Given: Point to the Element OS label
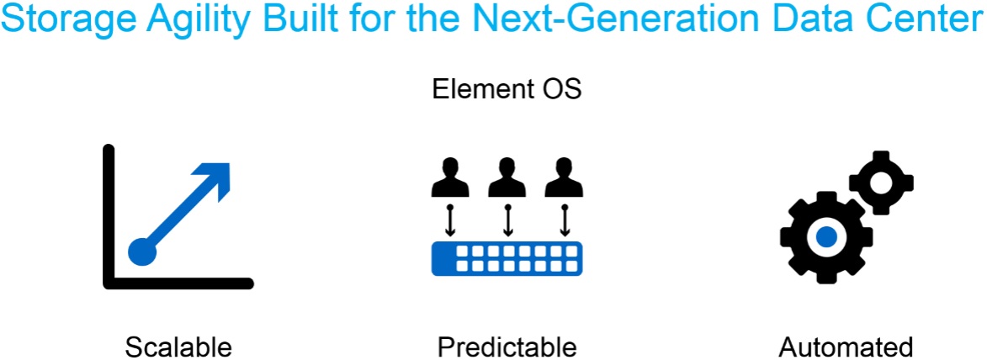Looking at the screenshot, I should (x=507, y=89).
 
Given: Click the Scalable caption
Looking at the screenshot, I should (x=178, y=346).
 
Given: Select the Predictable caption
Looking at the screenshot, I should (x=507, y=346).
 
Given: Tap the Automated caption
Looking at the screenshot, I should (x=846, y=346).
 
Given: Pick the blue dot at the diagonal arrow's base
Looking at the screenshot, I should (x=142, y=251).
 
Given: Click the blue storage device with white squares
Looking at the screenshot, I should (x=507, y=258).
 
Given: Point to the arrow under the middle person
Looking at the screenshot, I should (x=507, y=220).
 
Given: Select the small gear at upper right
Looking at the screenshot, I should (x=881, y=181).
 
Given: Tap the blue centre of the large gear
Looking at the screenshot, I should (x=826, y=237).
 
